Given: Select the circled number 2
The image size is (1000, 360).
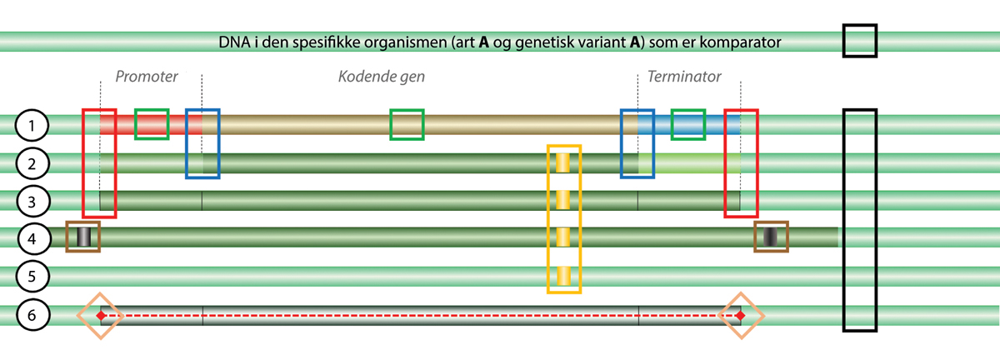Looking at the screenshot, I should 32,163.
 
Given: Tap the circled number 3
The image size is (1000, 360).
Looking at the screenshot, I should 32,201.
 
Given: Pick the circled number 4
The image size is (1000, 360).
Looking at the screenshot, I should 32,238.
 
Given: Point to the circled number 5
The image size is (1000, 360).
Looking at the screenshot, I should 32,275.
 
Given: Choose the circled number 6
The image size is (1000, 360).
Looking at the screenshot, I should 32,315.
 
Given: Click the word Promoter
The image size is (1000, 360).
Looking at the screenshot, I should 147,77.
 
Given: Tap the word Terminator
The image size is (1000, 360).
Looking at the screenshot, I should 684,77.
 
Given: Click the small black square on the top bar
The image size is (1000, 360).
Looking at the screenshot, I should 859,41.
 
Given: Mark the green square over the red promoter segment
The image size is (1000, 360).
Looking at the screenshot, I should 152,124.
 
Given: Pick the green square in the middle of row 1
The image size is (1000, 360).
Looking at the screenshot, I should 407,124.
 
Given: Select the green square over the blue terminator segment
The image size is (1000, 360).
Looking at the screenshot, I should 688,124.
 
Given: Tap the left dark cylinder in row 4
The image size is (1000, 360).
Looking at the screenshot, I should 83,237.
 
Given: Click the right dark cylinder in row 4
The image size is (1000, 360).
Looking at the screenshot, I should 771,237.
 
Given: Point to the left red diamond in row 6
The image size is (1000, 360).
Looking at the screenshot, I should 101,316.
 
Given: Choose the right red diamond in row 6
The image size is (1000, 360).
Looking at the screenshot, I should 740,316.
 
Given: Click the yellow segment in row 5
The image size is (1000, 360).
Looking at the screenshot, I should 563,274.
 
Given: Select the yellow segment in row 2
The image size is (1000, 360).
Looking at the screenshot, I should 563,162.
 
